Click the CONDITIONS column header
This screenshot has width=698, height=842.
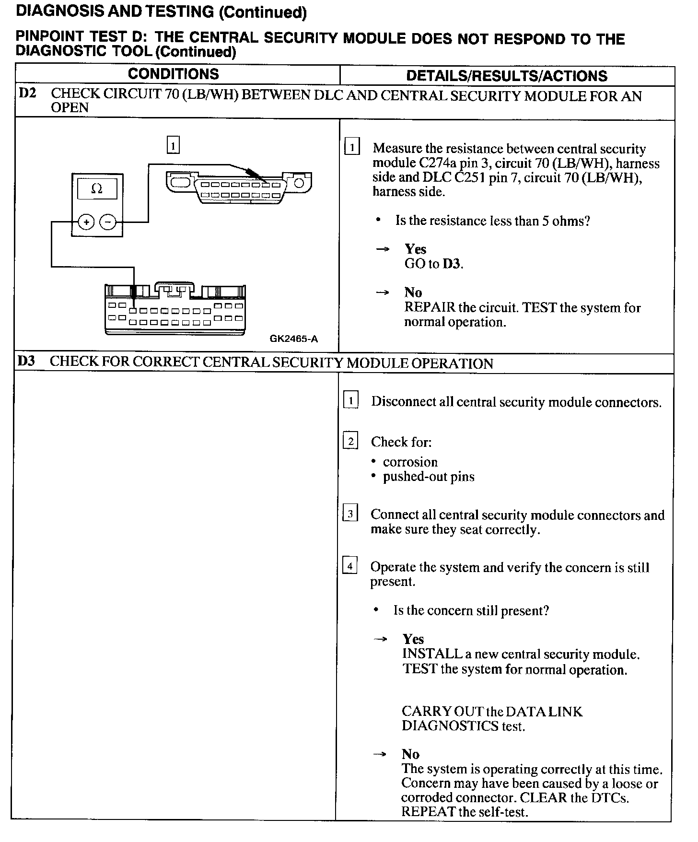click(x=173, y=74)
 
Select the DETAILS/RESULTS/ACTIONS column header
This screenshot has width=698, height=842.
click(x=507, y=76)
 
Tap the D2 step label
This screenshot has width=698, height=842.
click(x=27, y=93)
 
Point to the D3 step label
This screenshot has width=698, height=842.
click(x=26, y=361)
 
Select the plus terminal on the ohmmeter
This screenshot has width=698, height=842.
click(x=86, y=222)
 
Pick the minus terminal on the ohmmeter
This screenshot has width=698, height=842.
click(x=108, y=222)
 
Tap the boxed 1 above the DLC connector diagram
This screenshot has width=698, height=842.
click(x=173, y=145)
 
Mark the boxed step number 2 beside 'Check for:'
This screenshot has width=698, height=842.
click(x=350, y=441)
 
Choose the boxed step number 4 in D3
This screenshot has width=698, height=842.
click(x=350, y=566)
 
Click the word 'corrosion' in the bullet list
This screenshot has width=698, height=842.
click(x=410, y=462)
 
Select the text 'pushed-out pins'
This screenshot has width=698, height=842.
click(x=429, y=477)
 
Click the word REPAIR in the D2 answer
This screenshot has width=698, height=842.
click(x=430, y=307)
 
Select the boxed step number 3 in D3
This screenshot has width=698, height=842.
click(x=350, y=514)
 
